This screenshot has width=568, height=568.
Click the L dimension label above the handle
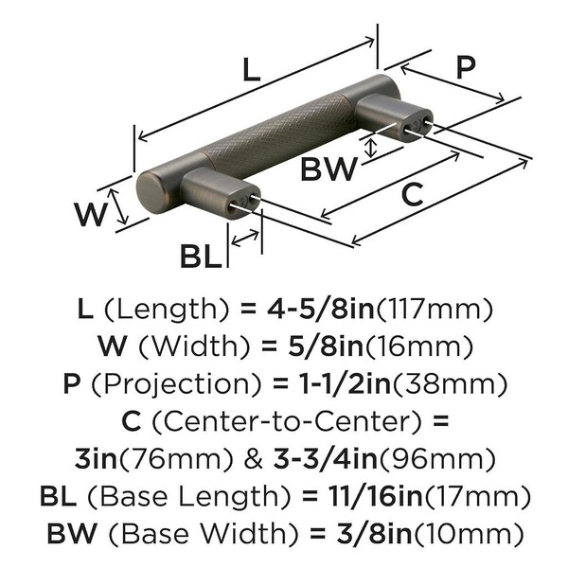coord(249,71)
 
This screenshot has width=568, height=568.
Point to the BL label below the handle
coord(203,254)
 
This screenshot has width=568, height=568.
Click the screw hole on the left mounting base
coord(248,199)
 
